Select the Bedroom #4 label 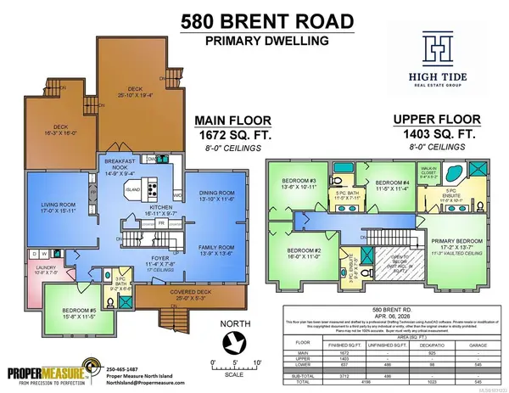point(393,184)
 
